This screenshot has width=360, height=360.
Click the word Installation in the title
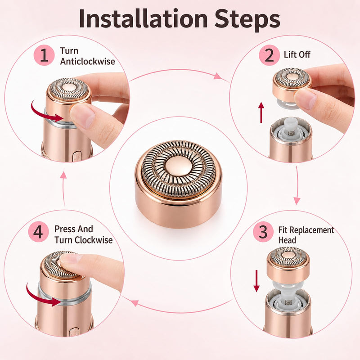(143, 18)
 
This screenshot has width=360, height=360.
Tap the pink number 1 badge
(44, 55)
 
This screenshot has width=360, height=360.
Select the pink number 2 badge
(269, 55)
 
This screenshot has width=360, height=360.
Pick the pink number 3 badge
(263, 232)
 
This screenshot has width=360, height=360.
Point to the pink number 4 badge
(38, 232)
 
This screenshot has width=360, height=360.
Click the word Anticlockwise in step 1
(87, 61)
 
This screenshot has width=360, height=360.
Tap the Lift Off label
(297, 54)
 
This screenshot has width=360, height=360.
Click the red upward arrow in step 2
(261, 112)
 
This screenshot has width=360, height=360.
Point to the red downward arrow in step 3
(256, 281)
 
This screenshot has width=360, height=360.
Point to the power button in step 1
(76, 156)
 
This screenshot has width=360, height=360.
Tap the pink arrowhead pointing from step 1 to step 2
(217, 76)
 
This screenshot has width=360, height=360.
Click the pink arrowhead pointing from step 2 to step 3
(297, 201)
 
